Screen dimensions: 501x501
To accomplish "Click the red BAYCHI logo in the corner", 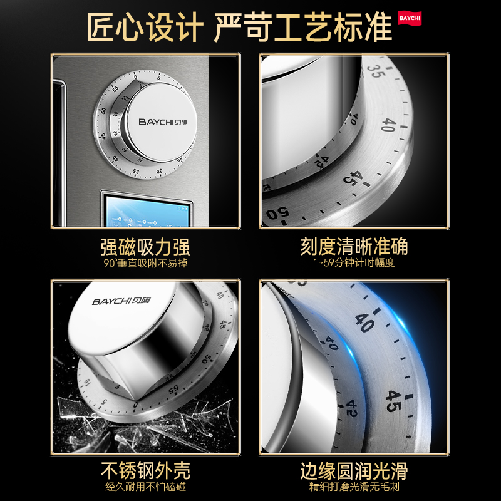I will [410, 18].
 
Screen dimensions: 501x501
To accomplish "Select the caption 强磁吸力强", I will [145, 246].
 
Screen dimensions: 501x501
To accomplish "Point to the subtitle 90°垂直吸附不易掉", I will [145, 263].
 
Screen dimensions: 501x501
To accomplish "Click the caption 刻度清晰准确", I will [354, 246].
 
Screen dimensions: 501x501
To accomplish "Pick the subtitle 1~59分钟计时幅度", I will [354, 263].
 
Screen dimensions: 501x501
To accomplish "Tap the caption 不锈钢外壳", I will [145, 470].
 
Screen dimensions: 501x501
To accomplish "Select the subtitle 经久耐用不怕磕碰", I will [145, 487].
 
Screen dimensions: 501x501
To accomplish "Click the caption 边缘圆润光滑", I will [354, 470].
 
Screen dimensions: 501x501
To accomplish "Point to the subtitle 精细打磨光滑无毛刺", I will [354, 487].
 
